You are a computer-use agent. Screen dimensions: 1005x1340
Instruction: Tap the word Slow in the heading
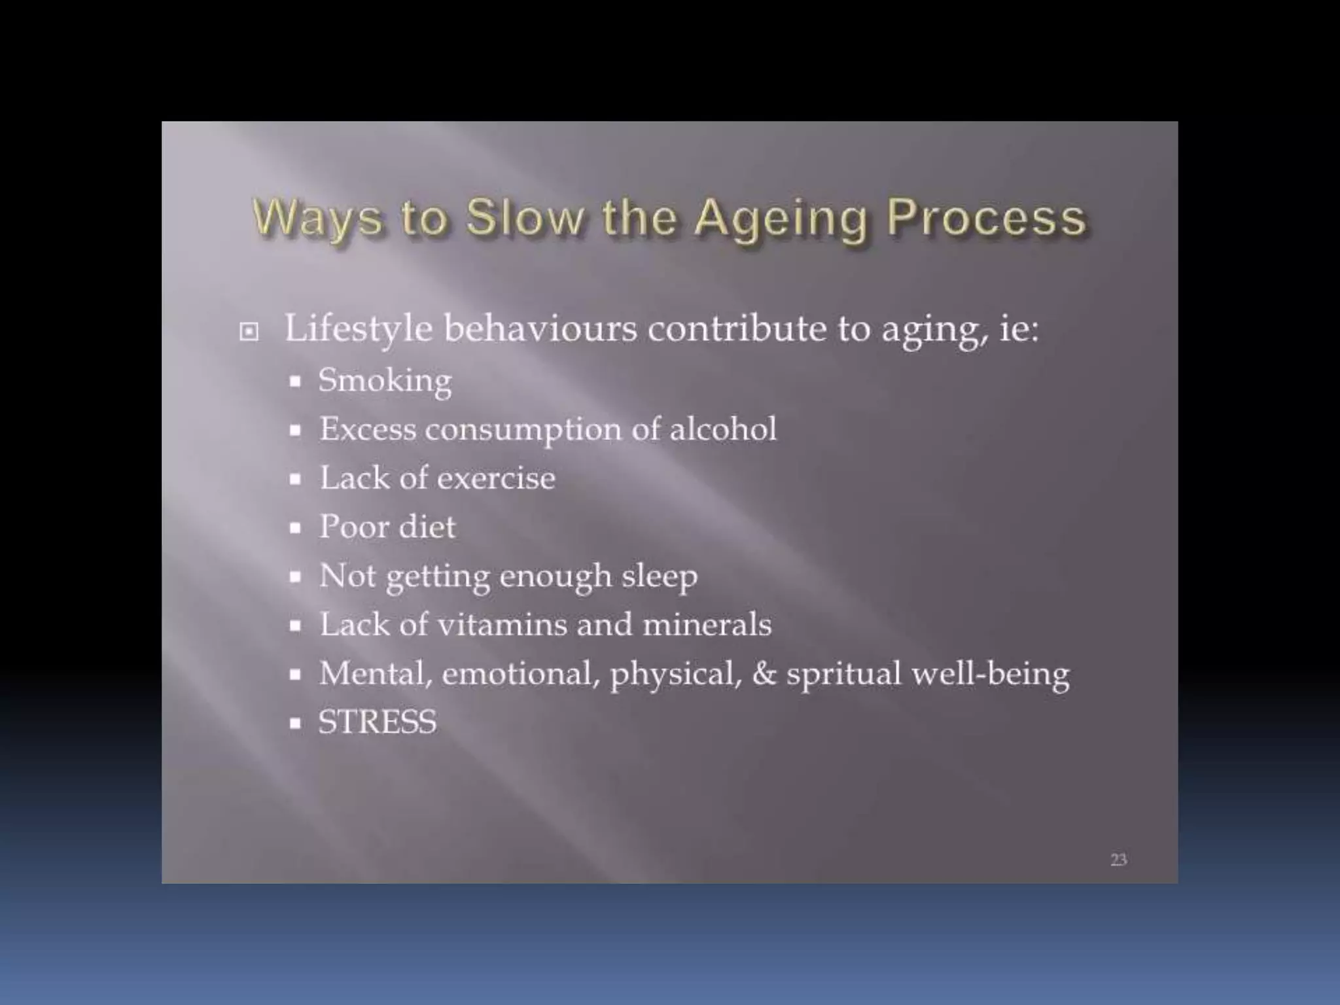(525, 217)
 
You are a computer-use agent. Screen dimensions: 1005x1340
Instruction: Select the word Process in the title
(986, 217)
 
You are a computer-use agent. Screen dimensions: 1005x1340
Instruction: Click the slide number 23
(1118, 859)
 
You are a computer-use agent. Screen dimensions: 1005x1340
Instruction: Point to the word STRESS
(378, 722)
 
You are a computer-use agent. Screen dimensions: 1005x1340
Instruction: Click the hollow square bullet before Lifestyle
(249, 332)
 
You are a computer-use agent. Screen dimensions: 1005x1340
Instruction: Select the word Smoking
(385, 381)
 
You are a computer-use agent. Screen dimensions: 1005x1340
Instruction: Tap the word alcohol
(722, 429)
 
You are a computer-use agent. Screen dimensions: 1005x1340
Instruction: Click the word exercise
(496, 478)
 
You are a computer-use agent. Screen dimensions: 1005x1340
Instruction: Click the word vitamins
(501, 624)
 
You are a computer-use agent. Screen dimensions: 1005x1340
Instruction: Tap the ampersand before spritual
(764, 673)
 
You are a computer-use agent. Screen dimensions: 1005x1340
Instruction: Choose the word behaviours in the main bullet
(540, 328)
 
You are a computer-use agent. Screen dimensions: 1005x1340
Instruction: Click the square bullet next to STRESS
(296, 724)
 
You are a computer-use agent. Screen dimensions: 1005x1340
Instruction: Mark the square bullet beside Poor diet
(296, 528)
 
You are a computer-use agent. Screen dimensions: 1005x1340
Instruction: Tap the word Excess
(367, 429)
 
